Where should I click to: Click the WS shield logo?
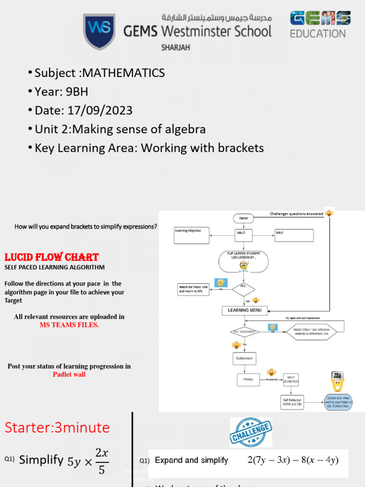point(98,31)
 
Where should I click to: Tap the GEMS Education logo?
point(320,25)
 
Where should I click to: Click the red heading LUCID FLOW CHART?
point(51,257)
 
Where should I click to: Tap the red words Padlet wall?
point(69,374)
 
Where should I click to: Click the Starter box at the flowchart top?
point(244,218)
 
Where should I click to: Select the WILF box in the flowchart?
point(294,235)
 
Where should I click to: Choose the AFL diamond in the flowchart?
point(244,289)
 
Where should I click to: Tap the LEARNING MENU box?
point(245,310)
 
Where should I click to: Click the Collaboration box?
point(244,358)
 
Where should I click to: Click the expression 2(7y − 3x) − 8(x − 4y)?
point(293,460)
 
